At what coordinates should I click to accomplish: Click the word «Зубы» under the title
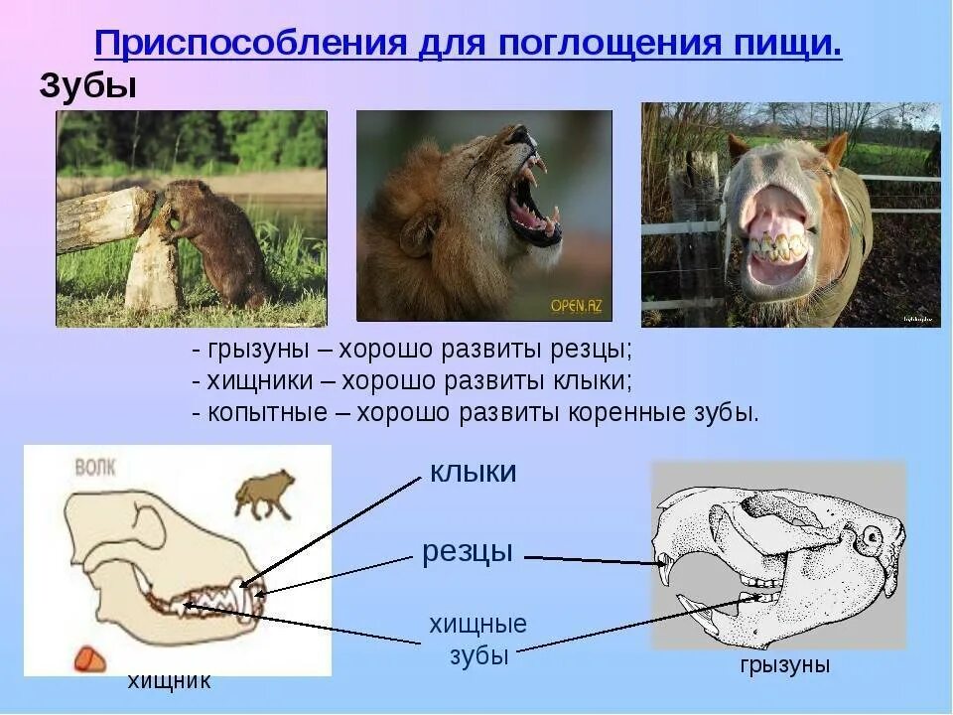(x=87, y=86)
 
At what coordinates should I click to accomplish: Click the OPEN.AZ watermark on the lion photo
(x=575, y=306)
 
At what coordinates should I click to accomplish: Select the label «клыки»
(x=473, y=472)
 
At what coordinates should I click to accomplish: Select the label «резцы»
(x=467, y=551)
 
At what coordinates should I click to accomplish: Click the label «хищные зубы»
(x=477, y=640)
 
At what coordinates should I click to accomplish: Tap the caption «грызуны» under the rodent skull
(x=784, y=665)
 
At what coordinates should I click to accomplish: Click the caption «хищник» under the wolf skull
(x=169, y=681)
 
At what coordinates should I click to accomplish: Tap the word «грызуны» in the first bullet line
(x=267, y=351)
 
